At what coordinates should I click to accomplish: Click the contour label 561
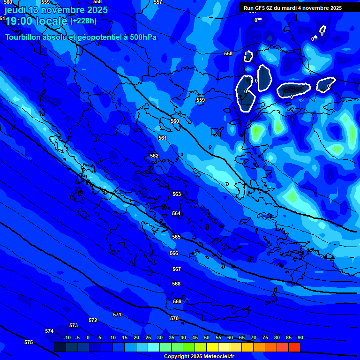pyautogui.click(x=163, y=138)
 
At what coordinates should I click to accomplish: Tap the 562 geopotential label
pyautogui.click(x=154, y=156)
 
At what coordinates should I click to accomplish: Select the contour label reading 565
pyautogui.click(x=176, y=237)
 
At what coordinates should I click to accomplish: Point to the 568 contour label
pyautogui.click(x=176, y=284)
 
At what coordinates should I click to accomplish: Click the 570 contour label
pyautogui.click(x=174, y=318)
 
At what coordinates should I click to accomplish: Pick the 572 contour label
pyautogui.click(x=93, y=320)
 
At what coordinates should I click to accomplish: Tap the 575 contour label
pyautogui.click(x=29, y=342)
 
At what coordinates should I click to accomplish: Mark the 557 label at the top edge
pyautogui.click(x=158, y=2)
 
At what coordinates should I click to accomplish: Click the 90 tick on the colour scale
pyautogui.click(x=300, y=337)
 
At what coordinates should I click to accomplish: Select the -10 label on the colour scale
pyautogui.click(x=67, y=337)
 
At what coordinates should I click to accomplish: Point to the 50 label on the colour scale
pyautogui.click(x=207, y=337)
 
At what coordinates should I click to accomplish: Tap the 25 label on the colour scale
pyautogui.click(x=148, y=337)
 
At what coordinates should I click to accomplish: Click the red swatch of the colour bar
pyautogui.click(x=294, y=347)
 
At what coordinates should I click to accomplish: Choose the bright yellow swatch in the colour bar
pyautogui.click(x=212, y=347)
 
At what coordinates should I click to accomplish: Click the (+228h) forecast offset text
pyautogui.click(x=83, y=21)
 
